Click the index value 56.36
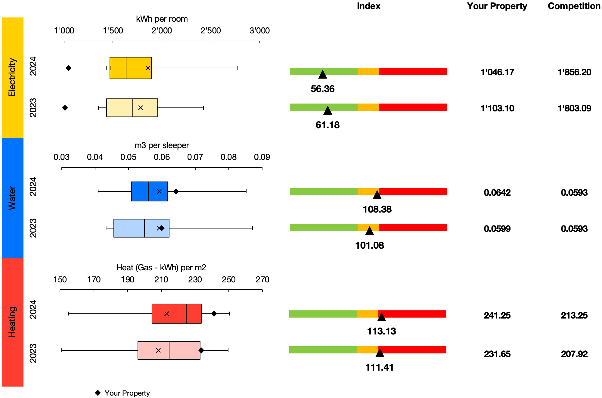322,89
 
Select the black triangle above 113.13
381,317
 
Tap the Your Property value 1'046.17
497,72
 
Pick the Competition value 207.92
574,354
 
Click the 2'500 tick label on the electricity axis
210,31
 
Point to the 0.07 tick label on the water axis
195,157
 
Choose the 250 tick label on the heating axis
228,280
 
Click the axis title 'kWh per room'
162,19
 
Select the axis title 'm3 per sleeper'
162,145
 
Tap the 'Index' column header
368,6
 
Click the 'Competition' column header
574,6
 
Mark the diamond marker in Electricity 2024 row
69,68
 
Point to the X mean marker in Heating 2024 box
166,314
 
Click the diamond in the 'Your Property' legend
98,393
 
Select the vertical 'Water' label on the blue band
12,198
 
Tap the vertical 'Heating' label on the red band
12,322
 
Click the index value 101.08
369,245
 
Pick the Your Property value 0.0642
497,193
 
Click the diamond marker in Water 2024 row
176,191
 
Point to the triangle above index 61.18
327,110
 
